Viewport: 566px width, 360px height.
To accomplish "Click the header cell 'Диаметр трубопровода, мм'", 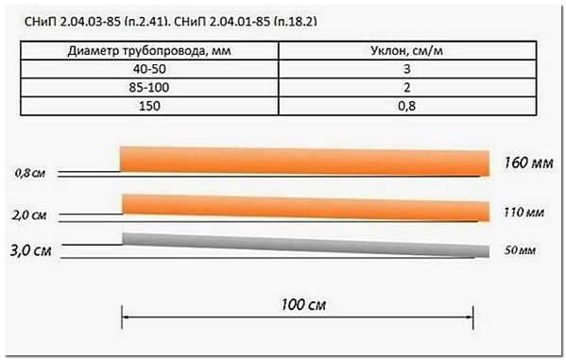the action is point(149,51).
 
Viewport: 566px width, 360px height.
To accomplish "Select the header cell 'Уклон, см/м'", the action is point(407,51).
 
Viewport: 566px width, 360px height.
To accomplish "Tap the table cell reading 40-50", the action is point(149,69).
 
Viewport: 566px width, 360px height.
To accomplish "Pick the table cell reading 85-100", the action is point(149,87).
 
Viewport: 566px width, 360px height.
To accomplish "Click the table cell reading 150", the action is point(149,106).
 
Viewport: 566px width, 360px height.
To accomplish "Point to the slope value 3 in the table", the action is point(407,69).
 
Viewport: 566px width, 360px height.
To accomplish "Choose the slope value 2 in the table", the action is point(407,87).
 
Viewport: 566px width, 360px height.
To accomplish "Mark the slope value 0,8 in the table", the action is point(407,106).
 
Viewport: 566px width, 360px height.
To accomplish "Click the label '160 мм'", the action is point(528,163).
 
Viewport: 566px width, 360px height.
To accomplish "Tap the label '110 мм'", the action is point(523,212).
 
